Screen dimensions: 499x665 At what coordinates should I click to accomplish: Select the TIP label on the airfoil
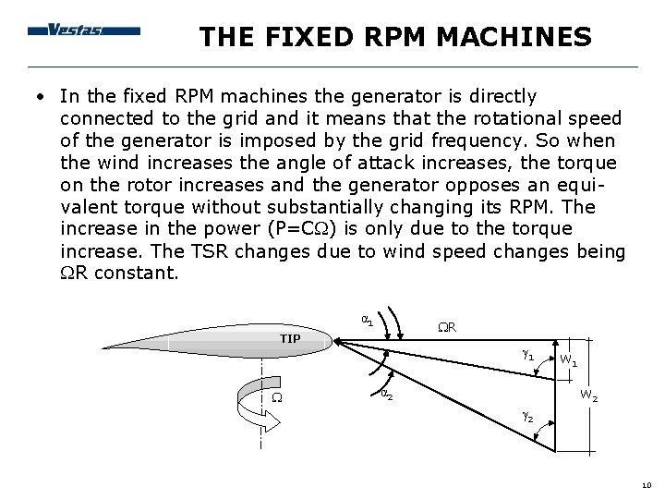pyautogui.click(x=291, y=337)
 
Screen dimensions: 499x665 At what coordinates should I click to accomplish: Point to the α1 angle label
pyautogui.click(x=366, y=320)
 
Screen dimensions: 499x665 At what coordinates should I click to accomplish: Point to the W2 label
pyautogui.click(x=588, y=396)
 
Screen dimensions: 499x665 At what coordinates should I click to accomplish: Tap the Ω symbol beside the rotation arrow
pyautogui.click(x=277, y=397)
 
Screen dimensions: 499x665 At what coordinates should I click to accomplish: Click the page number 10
pyautogui.click(x=645, y=485)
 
